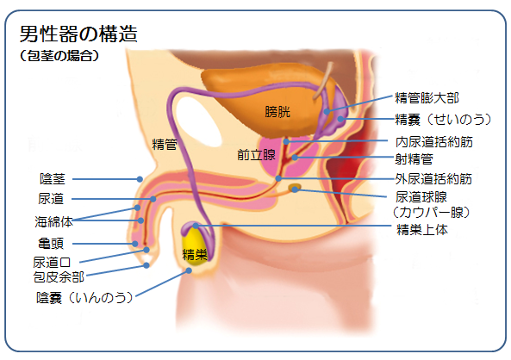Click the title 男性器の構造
(x=78, y=34)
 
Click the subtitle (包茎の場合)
(x=59, y=56)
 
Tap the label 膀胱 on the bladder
(x=277, y=112)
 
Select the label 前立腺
(x=256, y=155)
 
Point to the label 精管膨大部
(x=427, y=97)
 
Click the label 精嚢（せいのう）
(x=443, y=120)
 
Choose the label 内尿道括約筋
(x=434, y=142)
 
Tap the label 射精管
(x=414, y=159)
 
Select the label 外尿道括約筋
(x=433, y=178)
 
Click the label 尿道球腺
(x=421, y=196)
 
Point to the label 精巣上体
(x=422, y=230)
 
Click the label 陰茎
(x=53, y=179)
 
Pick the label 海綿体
(x=53, y=222)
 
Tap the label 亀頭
(x=51, y=244)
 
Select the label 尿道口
(x=52, y=263)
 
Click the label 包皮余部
(x=59, y=277)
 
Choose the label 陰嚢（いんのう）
(x=84, y=298)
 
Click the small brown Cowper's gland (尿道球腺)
(x=295, y=188)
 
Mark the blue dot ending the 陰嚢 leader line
(x=189, y=270)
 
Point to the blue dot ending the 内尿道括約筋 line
(x=286, y=142)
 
